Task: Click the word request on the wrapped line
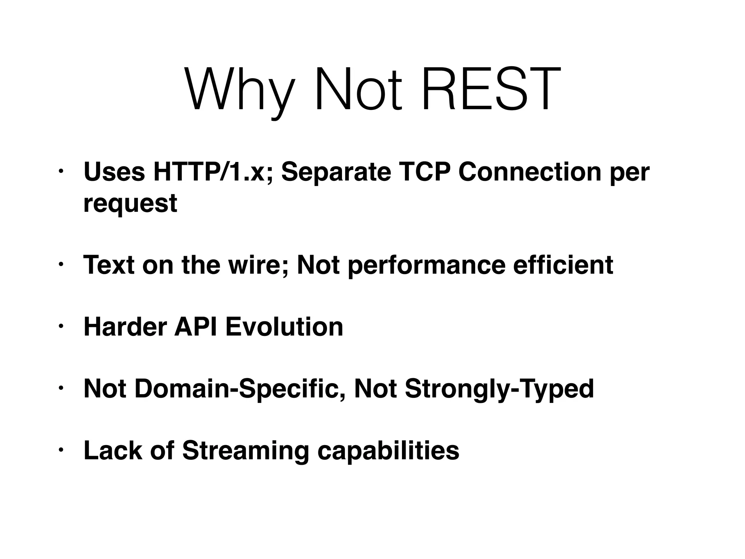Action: click(x=130, y=204)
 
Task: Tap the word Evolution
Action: click(x=284, y=327)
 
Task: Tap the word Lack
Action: click(x=113, y=451)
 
